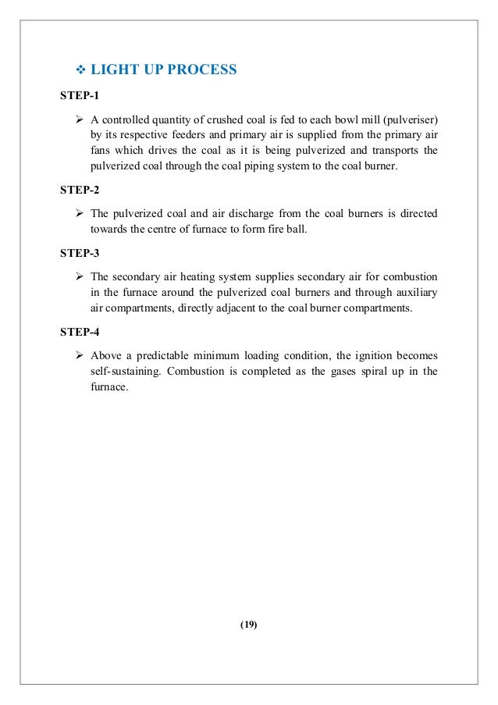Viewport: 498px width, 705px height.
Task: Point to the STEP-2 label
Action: pyautogui.click(x=80, y=190)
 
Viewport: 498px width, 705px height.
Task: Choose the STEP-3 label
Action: pyautogui.click(x=80, y=253)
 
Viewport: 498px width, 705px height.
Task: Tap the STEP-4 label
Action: pyautogui.click(x=80, y=332)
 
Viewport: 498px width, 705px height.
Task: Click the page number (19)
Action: pyautogui.click(x=249, y=624)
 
